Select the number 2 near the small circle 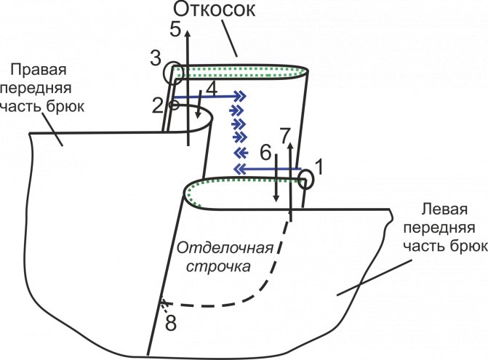click(158, 105)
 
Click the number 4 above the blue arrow click(175, 29)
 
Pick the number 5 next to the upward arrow click(265, 153)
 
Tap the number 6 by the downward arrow click(286, 135)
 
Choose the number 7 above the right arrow click(170, 324)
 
